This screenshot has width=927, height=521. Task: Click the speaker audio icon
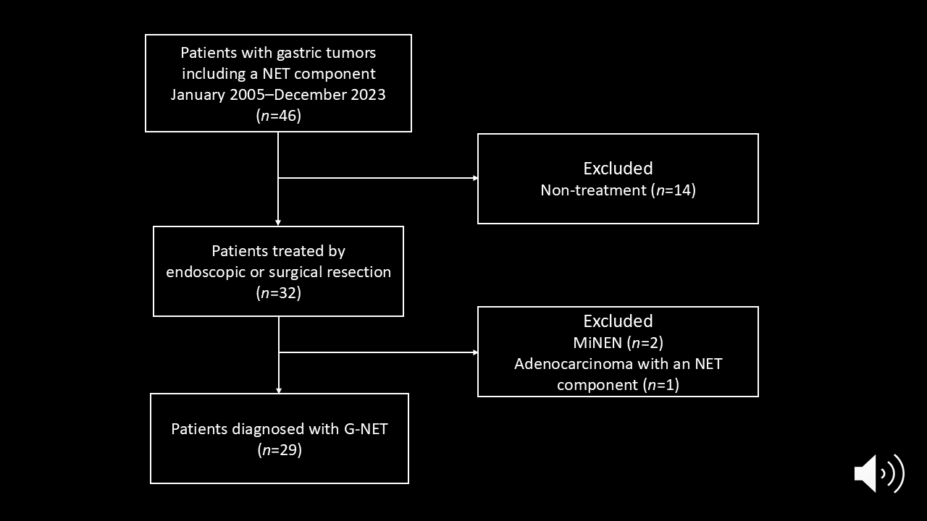(879, 473)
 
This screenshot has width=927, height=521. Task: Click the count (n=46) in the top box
(279, 115)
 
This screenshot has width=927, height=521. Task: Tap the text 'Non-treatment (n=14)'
(618, 190)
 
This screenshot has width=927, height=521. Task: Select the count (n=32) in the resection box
(279, 293)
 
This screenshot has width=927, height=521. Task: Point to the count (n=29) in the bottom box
(280, 449)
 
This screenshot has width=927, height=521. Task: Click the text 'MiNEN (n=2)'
(618, 342)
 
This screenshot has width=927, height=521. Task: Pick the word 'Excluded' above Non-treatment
(618, 169)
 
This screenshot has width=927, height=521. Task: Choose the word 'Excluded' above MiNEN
(618, 321)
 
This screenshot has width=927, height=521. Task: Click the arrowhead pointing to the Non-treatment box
(476, 178)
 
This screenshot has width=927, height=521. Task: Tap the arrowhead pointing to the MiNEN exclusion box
(476, 352)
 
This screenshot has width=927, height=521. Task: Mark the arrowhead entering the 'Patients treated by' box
(278, 223)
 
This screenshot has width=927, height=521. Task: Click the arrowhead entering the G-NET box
(279, 390)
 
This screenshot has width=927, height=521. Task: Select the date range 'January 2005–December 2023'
(278, 95)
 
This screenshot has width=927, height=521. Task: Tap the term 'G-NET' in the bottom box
(366, 429)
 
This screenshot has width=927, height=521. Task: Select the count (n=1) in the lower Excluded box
(661, 385)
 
